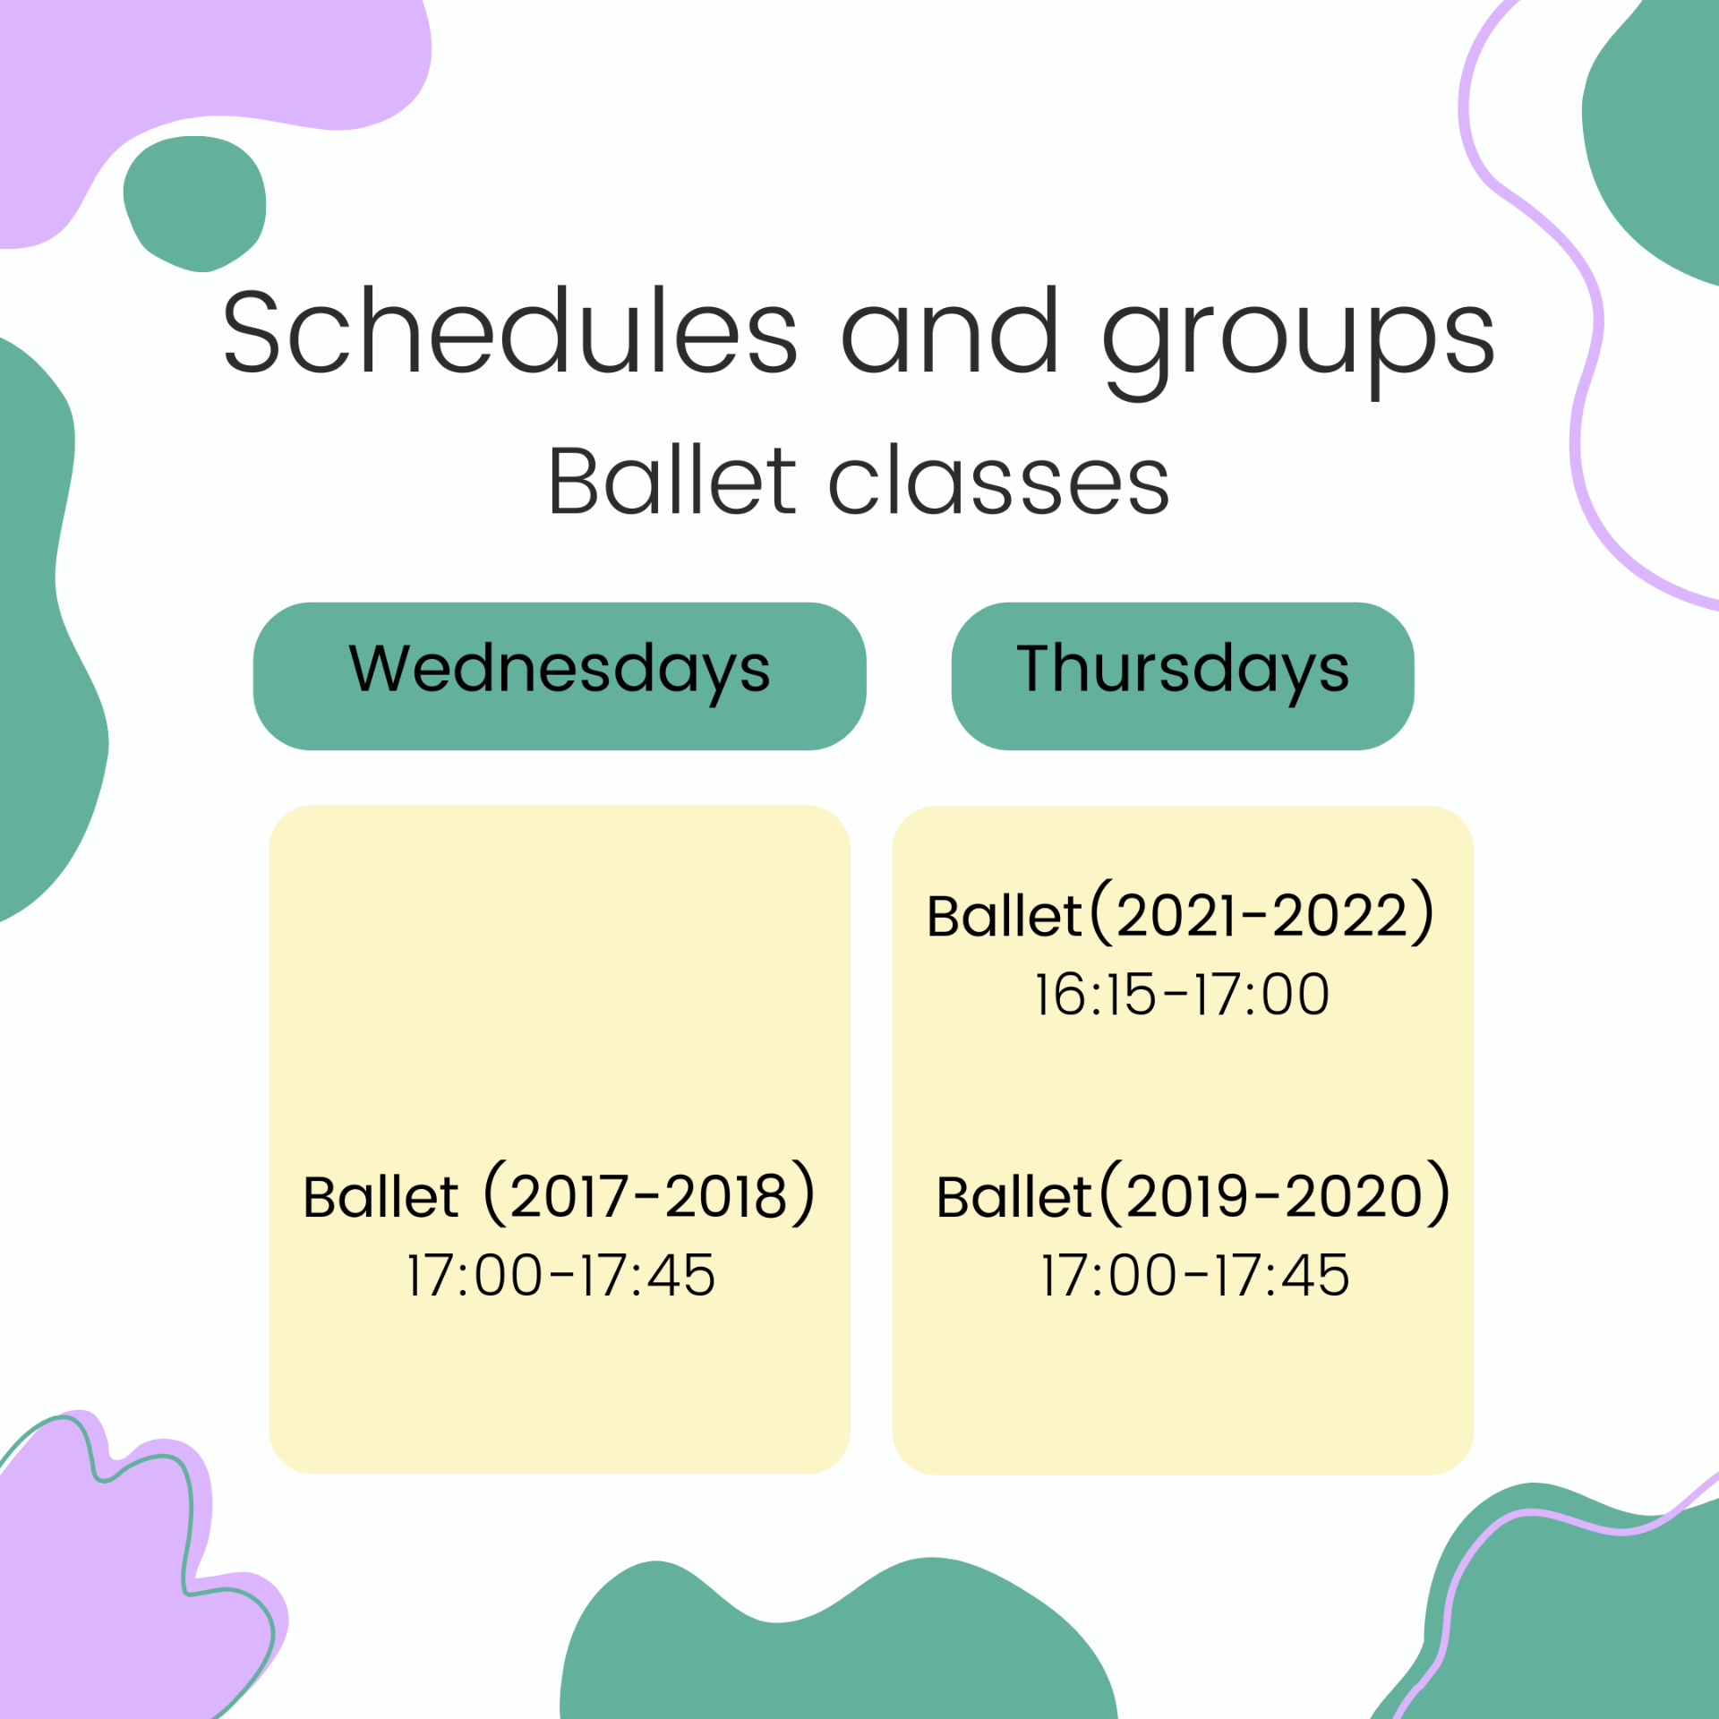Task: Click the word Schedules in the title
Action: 509,331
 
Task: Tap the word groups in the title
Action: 1298,344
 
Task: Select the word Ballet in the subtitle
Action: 672,481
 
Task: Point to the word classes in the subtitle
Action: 999,481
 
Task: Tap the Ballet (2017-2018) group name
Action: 560,1194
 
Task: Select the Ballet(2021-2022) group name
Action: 1181,914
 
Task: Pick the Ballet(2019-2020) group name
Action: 1193,1194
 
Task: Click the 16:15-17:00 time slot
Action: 1183,995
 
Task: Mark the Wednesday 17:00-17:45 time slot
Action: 561,1275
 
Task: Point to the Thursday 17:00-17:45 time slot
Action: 1195,1275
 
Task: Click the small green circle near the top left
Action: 195,203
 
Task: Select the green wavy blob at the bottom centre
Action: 837,1647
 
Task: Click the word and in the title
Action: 950,331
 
